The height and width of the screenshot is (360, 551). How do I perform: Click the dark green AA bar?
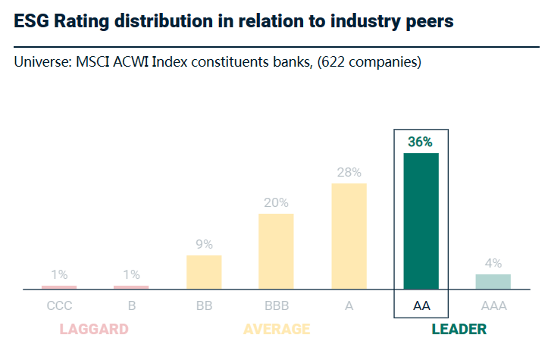pyautogui.click(x=421, y=221)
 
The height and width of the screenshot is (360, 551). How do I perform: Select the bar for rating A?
pyautogui.click(x=349, y=236)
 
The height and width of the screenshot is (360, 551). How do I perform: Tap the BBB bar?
pyautogui.click(x=276, y=252)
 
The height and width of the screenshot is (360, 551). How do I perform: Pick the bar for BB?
pyautogui.click(x=204, y=272)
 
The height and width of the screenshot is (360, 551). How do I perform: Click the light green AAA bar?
pyautogui.click(x=493, y=281)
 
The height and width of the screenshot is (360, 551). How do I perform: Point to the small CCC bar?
pyautogui.click(x=59, y=287)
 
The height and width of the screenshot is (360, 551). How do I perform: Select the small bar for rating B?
pyautogui.click(x=131, y=287)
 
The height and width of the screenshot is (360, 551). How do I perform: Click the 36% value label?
pyautogui.click(x=421, y=142)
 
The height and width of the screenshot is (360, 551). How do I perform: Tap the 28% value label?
pyautogui.click(x=349, y=172)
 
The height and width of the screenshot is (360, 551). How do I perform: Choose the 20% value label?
pyautogui.click(x=276, y=202)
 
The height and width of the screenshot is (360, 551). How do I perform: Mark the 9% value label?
pyautogui.click(x=204, y=244)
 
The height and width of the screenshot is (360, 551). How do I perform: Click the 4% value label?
pyautogui.click(x=493, y=263)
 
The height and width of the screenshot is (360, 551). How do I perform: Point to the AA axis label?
pyautogui.click(x=421, y=307)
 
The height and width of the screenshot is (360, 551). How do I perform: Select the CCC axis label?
pyautogui.click(x=59, y=307)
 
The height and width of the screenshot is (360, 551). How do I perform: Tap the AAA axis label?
pyautogui.click(x=493, y=307)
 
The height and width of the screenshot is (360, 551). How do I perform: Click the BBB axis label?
pyautogui.click(x=276, y=307)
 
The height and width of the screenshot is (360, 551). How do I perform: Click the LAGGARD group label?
pyautogui.click(x=94, y=329)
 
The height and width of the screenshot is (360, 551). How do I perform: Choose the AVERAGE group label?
pyautogui.click(x=277, y=329)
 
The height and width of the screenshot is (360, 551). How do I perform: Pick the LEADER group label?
pyautogui.click(x=459, y=329)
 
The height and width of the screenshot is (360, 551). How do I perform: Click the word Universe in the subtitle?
pyautogui.click(x=40, y=62)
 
